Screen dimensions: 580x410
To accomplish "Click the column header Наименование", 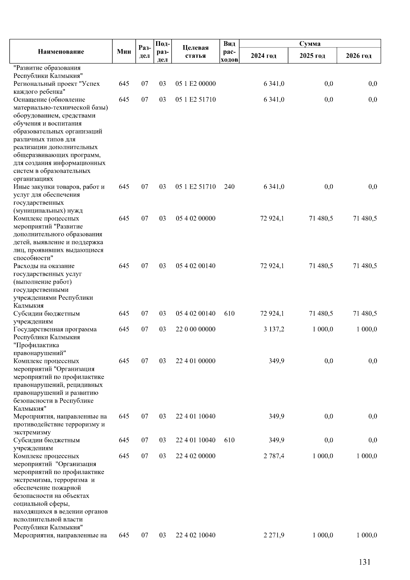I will (x=61, y=52).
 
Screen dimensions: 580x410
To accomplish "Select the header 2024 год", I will (x=263, y=56).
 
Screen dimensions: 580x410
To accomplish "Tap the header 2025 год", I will (x=312, y=56).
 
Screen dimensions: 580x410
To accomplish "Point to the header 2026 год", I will (x=358, y=56).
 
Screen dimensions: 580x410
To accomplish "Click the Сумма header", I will (x=310, y=44).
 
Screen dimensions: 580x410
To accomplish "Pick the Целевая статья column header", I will (x=195, y=52).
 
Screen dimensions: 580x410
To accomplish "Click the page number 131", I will (x=365, y=562).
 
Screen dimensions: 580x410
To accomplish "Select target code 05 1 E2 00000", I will (x=195, y=84).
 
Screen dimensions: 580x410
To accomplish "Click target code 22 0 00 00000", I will (x=195, y=329).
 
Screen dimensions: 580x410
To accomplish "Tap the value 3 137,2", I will (x=274, y=329).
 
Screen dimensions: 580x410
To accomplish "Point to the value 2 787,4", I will (x=274, y=456).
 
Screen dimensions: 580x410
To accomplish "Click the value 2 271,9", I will (x=274, y=535).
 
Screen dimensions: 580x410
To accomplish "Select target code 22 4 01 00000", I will (x=195, y=361).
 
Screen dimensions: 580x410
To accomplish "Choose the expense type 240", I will (x=229, y=187).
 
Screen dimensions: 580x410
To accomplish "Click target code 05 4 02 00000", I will (x=195, y=218).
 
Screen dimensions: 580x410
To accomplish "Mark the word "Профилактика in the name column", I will (x=36, y=345).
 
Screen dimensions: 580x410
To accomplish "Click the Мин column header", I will (x=124, y=52).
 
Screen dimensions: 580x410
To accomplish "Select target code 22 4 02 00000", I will (x=195, y=456).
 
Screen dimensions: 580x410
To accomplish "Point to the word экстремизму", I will (x=32, y=432).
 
